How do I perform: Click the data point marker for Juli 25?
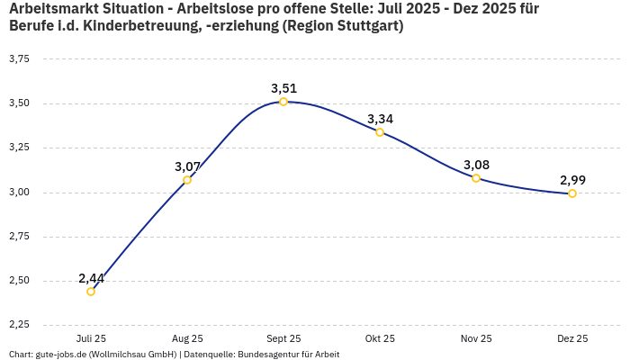click(91, 292)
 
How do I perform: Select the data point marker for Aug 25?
click(187, 180)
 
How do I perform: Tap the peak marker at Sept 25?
click(283, 102)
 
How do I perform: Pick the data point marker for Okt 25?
click(380, 132)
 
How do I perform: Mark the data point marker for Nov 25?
click(476, 178)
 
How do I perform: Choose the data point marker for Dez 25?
click(572, 193)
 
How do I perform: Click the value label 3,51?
click(283, 88)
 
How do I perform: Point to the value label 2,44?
click(91, 278)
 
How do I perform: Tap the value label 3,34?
click(380, 119)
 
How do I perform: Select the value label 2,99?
click(572, 180)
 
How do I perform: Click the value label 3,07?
click(187, 166)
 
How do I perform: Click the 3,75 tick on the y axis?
click(18, 58)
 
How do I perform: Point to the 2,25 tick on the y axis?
click(18, 324)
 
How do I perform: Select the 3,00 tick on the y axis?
click(18, 192)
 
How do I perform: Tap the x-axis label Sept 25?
click(283, 338)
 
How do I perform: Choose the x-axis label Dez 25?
click(572, 338)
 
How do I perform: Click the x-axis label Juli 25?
click(91, 338)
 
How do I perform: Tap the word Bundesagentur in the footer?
click(266, 355)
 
